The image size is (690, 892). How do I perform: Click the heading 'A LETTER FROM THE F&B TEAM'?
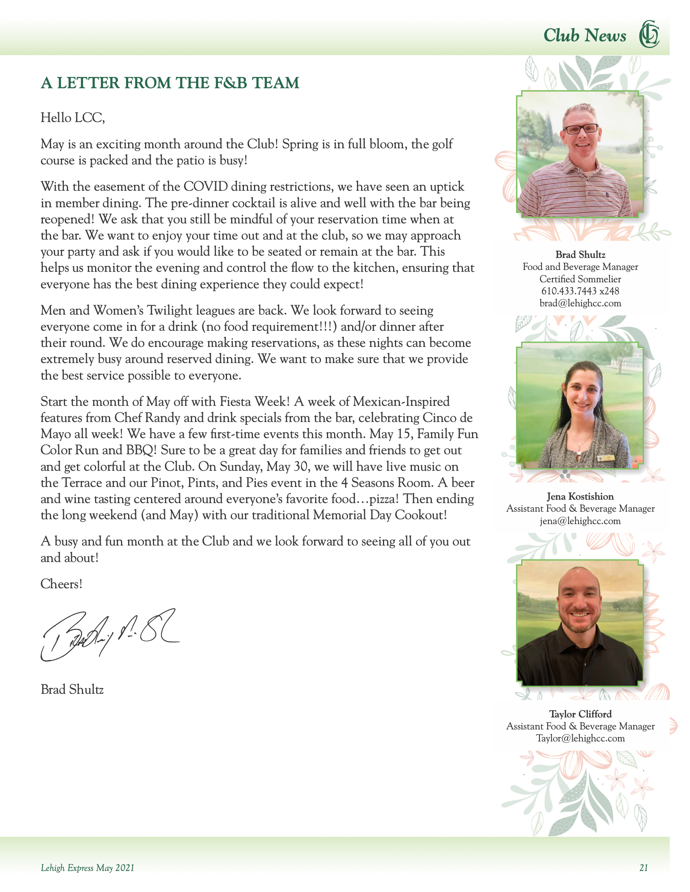pos(169,83)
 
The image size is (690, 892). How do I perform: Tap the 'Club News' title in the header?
pos(584,36)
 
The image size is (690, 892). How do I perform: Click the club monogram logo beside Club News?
pos(649,34)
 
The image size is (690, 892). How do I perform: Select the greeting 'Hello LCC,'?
pos(73,118)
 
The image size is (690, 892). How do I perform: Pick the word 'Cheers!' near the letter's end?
pos(61,584)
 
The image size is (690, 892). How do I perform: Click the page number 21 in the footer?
pos(643,868)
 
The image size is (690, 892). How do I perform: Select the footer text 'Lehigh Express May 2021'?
pos(88,868)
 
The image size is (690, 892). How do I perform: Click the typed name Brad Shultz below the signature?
pos(72,689)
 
